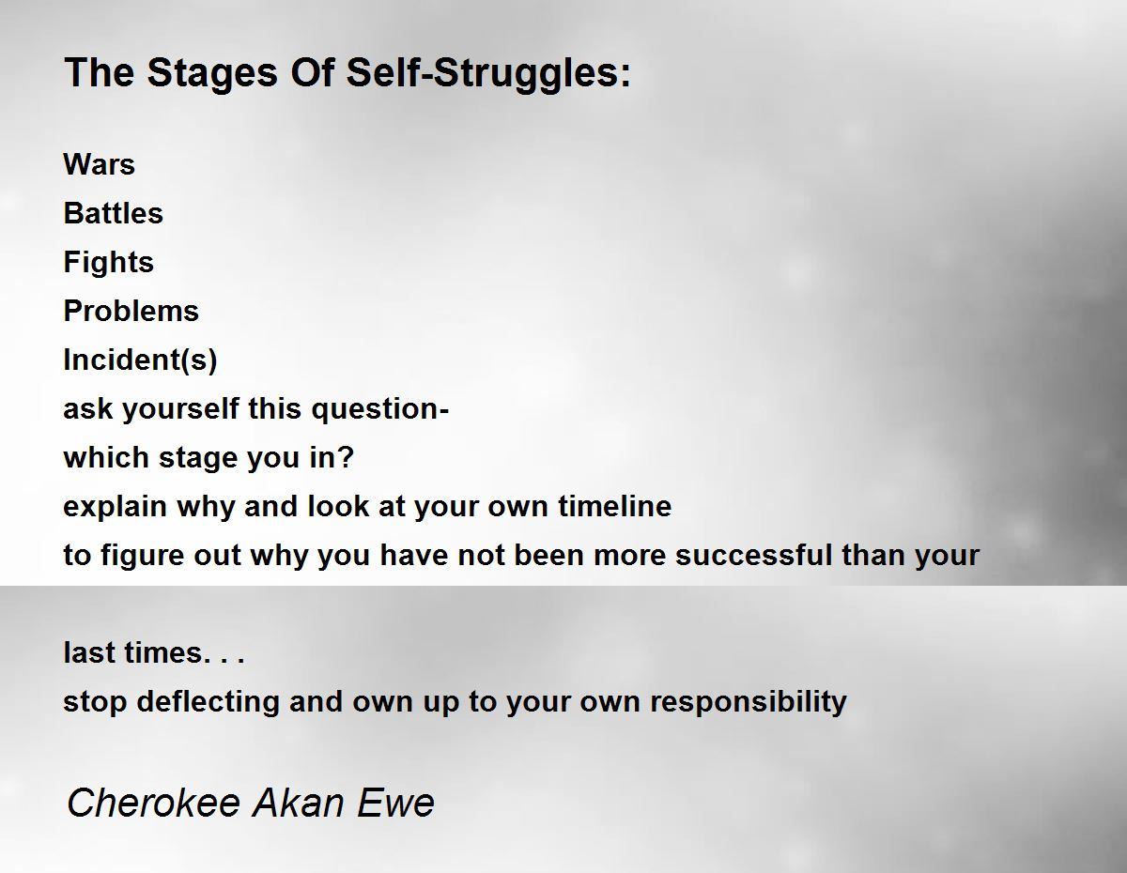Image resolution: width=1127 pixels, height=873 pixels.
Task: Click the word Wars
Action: pos(99,164)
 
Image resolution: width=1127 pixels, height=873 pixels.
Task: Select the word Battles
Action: pos(113,213)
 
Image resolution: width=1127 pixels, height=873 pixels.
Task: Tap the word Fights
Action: pos(108,262)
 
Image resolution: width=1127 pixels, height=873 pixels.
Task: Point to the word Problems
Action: pos(131,311)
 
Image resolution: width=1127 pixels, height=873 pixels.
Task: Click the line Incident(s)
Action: pos(140,360)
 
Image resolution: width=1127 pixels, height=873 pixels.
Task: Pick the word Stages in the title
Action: pos(212,73)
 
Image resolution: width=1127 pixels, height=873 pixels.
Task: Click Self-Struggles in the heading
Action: pos(488,73)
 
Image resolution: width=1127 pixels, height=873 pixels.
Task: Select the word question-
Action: pos(380,409)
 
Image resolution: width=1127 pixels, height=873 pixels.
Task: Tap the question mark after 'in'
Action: pos(346,457)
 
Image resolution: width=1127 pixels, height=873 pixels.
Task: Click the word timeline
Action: pos(614,506)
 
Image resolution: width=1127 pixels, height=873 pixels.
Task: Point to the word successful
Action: pos(753,555)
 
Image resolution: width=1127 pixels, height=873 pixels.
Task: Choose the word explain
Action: pos(116,507)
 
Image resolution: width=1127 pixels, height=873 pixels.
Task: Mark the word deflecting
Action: pos(208,702)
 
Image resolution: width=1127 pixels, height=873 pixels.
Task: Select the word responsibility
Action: pos(748,702)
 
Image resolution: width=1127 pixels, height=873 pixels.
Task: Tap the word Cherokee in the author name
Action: pos(153,803)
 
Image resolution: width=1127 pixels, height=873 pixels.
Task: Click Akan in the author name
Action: pos(299,803)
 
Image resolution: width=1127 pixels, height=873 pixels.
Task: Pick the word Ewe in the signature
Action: pos(395,803)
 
